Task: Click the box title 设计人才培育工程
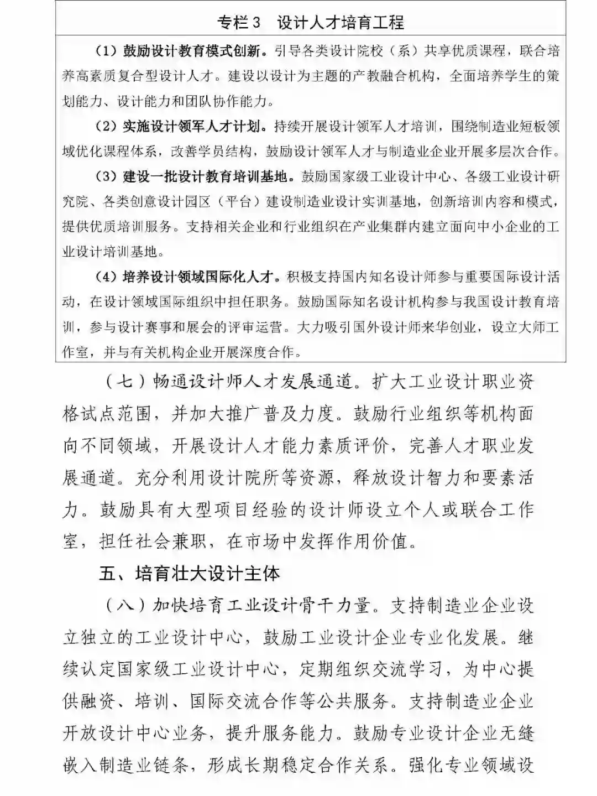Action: click(341, 23)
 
